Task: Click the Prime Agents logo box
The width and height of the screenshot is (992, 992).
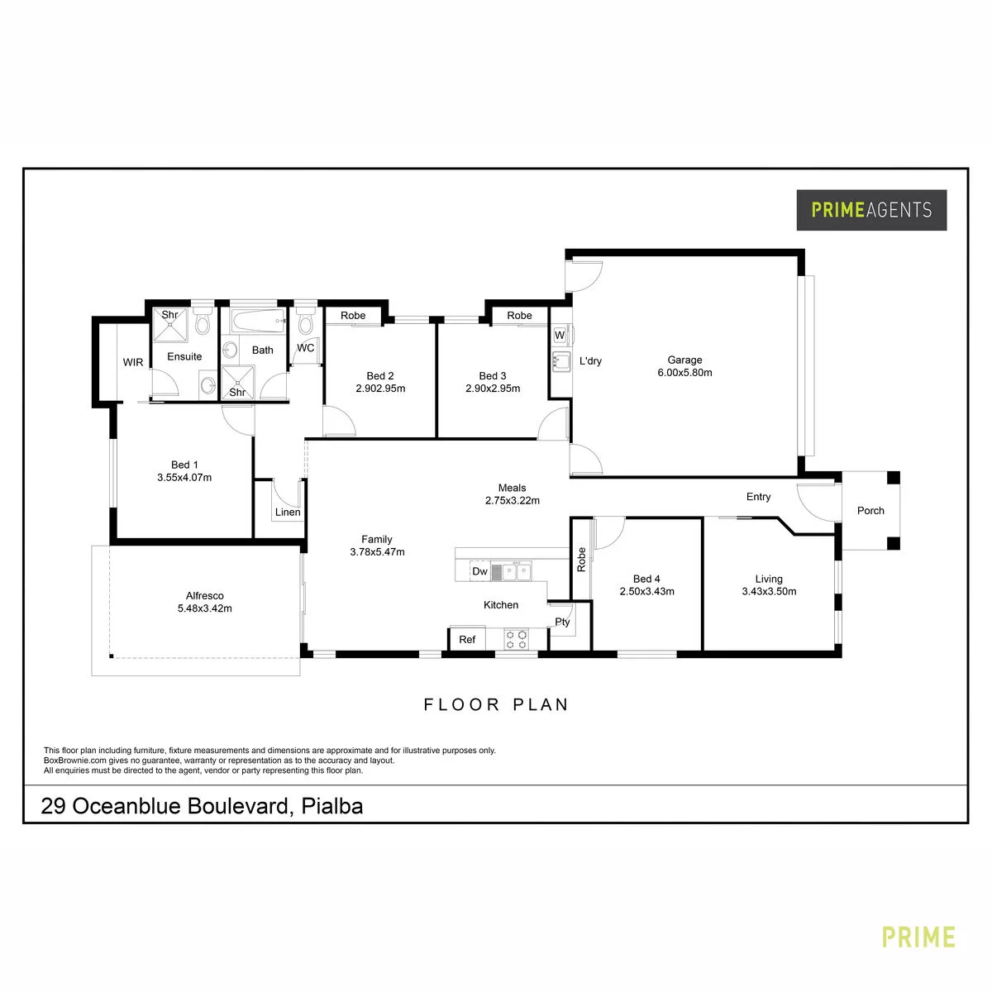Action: tap(871, 209)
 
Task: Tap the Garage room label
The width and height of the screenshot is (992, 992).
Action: tap(684, 360)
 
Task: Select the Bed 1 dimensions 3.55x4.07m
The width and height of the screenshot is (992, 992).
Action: tap(184, 477)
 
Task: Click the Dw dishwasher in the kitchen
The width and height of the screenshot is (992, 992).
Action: tap(479, 571)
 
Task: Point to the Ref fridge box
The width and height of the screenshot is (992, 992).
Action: tap(467, 639)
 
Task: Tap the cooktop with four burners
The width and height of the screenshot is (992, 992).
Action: tap(517, 639)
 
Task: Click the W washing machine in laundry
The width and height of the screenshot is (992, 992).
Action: tap(560, 335)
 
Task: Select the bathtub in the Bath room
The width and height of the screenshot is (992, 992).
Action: tap(257, 321)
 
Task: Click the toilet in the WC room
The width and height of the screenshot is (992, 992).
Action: tap(306, 322)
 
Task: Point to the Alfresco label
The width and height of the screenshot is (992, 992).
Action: tap(204, 595)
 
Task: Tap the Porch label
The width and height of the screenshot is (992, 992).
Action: tap(870, 510)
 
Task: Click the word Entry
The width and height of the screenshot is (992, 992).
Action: tap(758, 496)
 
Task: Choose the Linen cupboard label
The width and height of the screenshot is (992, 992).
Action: tap(287, 512)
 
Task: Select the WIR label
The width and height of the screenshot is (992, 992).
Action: tap(133, 362)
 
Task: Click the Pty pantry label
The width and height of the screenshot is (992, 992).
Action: tap(562, 622)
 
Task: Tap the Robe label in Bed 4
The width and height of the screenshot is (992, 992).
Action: tap(581, 560)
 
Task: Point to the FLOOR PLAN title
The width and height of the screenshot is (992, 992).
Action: tap(496, 704)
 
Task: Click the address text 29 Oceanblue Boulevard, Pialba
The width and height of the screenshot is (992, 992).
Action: tap(202, 806)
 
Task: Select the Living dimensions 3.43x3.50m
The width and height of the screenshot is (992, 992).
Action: tap(769, 592)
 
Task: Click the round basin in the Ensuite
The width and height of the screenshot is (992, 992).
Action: tap(208, 384)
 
